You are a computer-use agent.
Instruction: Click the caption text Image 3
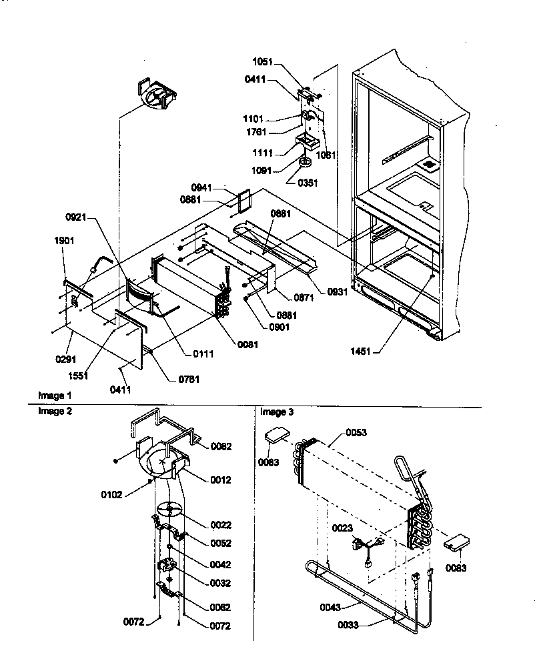[277, 412]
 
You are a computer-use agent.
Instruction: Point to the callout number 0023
[343, 528]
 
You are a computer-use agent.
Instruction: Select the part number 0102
[112, 495]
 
